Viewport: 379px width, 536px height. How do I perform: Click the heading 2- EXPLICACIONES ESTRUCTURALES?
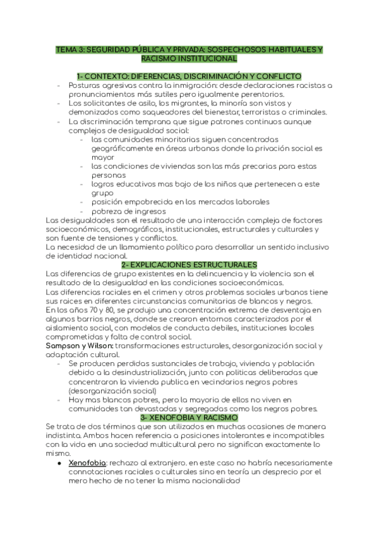[x=189, y=264]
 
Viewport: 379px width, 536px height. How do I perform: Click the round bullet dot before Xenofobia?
[x=58, y=463]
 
